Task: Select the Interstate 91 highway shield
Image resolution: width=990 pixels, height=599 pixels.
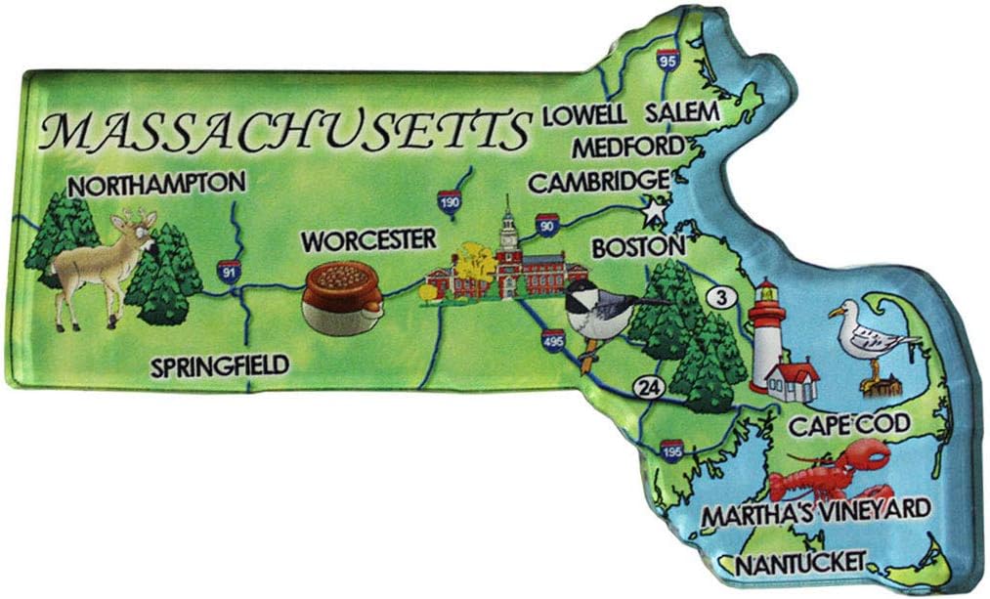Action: [230, 270]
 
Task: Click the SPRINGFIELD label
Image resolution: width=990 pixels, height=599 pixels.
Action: [220, 367]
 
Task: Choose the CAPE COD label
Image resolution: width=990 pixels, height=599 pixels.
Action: [849, 425]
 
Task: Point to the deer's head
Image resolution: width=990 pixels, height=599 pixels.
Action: [143, 229]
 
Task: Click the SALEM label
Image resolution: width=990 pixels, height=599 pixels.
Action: [681, 113]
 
